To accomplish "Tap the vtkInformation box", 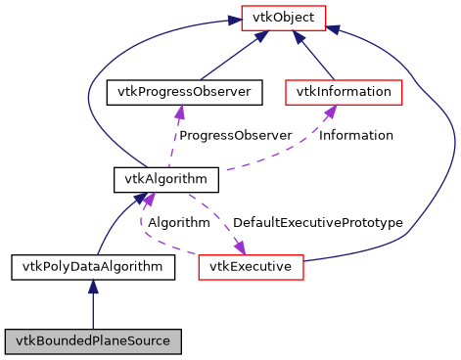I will coord(344,93).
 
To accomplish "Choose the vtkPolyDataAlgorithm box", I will coord(93,266).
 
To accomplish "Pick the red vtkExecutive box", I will coord(252,266).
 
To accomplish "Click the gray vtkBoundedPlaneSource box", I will coord(93,341).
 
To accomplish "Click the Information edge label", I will coord(356,135).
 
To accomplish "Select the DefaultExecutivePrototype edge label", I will coord(317,223).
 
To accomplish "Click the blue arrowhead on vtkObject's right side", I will coord(333,29).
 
